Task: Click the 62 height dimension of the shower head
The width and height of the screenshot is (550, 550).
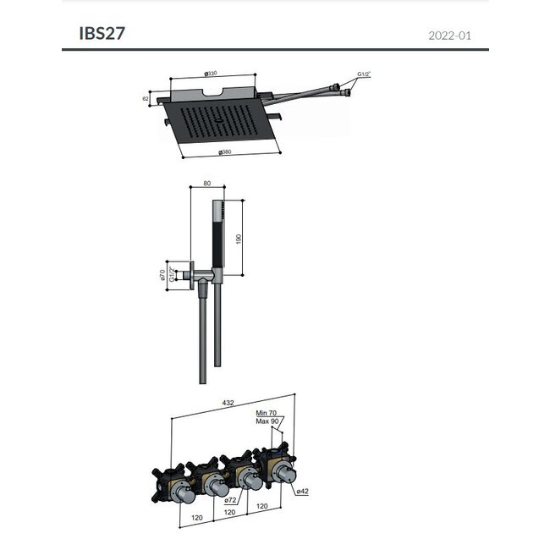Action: (146, 99)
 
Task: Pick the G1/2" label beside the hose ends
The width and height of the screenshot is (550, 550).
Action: (364, 74)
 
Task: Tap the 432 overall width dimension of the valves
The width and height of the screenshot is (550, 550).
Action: (228, 403)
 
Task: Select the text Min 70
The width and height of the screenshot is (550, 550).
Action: (267, 412)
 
